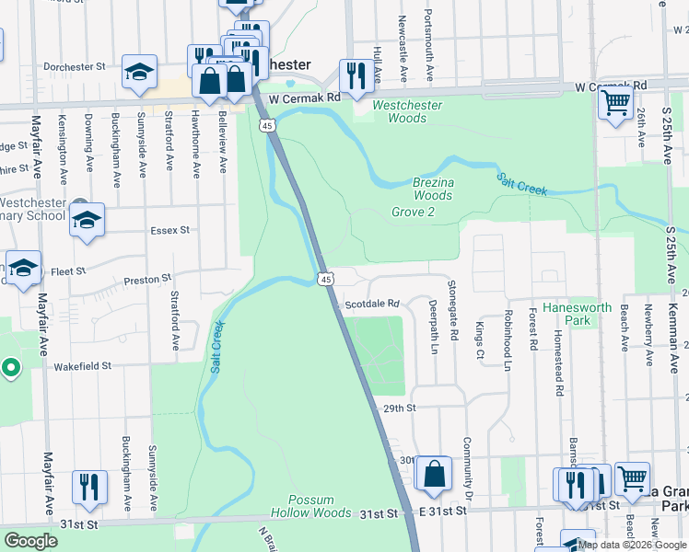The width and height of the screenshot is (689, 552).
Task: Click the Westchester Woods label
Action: pos(406,111)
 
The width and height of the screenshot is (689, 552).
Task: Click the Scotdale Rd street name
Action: pos(371,304)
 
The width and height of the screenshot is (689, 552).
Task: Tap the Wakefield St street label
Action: pos(82,365)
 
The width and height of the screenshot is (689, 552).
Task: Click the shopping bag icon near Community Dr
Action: pos(434,474)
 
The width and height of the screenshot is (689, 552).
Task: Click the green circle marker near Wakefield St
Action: pos(11,369)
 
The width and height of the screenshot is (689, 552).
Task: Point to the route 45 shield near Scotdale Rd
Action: pos(326,279)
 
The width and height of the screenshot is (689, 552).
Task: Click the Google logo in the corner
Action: pos(30,541)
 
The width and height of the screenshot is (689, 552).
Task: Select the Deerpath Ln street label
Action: pos(433,326)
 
